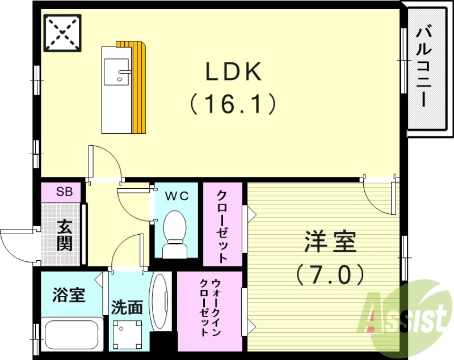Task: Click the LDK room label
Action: click(x=233, y=72)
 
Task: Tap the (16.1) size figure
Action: click(x=233, y=104)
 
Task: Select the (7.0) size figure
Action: click(x=330, y=276)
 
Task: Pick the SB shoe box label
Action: click(x=64, y=191)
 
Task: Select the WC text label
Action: click(x=176, y=196)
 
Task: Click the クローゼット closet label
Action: click(x=222, y=225)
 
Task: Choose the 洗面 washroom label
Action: click(x=127, y=307)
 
